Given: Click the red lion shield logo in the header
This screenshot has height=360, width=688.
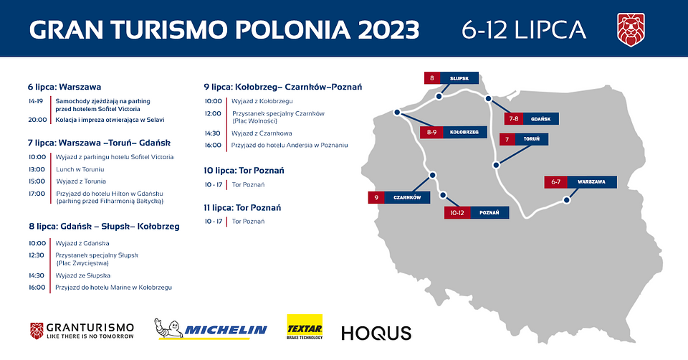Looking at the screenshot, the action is (631, 29).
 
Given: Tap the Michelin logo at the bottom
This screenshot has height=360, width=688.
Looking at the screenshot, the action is (211, 329).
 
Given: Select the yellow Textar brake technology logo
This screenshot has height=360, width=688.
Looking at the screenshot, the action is (305, 326).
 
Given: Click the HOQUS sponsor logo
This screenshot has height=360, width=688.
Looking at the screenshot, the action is (376, 333).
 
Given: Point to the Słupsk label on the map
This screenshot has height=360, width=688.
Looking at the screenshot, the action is (451, 78).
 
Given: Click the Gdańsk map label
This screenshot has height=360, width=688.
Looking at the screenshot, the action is (531, 118).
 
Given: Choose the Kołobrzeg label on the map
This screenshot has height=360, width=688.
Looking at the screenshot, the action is (453, 132).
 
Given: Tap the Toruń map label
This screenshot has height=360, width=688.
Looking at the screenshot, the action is (524, 139).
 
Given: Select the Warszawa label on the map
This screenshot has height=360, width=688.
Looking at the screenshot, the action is (580, 181).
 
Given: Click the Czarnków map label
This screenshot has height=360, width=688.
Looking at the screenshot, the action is (399, 197).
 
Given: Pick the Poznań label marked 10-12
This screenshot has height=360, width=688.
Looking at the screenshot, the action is (477, 212).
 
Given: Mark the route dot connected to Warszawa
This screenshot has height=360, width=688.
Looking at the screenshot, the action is (566, 200).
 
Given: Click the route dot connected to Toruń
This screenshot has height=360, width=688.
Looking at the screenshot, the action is (496, 166).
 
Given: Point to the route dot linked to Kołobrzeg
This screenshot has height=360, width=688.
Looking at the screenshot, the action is (397, 113).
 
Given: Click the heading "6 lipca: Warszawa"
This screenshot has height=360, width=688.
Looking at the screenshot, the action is (64, 87).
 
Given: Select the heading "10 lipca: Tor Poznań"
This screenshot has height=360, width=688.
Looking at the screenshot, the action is (244, 171).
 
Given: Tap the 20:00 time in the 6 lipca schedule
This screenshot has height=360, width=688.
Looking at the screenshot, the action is (37, 120).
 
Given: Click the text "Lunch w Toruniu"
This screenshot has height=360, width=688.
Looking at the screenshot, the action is (80, 169).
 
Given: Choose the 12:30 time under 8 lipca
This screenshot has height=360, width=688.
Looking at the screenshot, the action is (37, 255).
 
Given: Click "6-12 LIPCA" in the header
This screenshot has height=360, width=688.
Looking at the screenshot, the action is (524, 29).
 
